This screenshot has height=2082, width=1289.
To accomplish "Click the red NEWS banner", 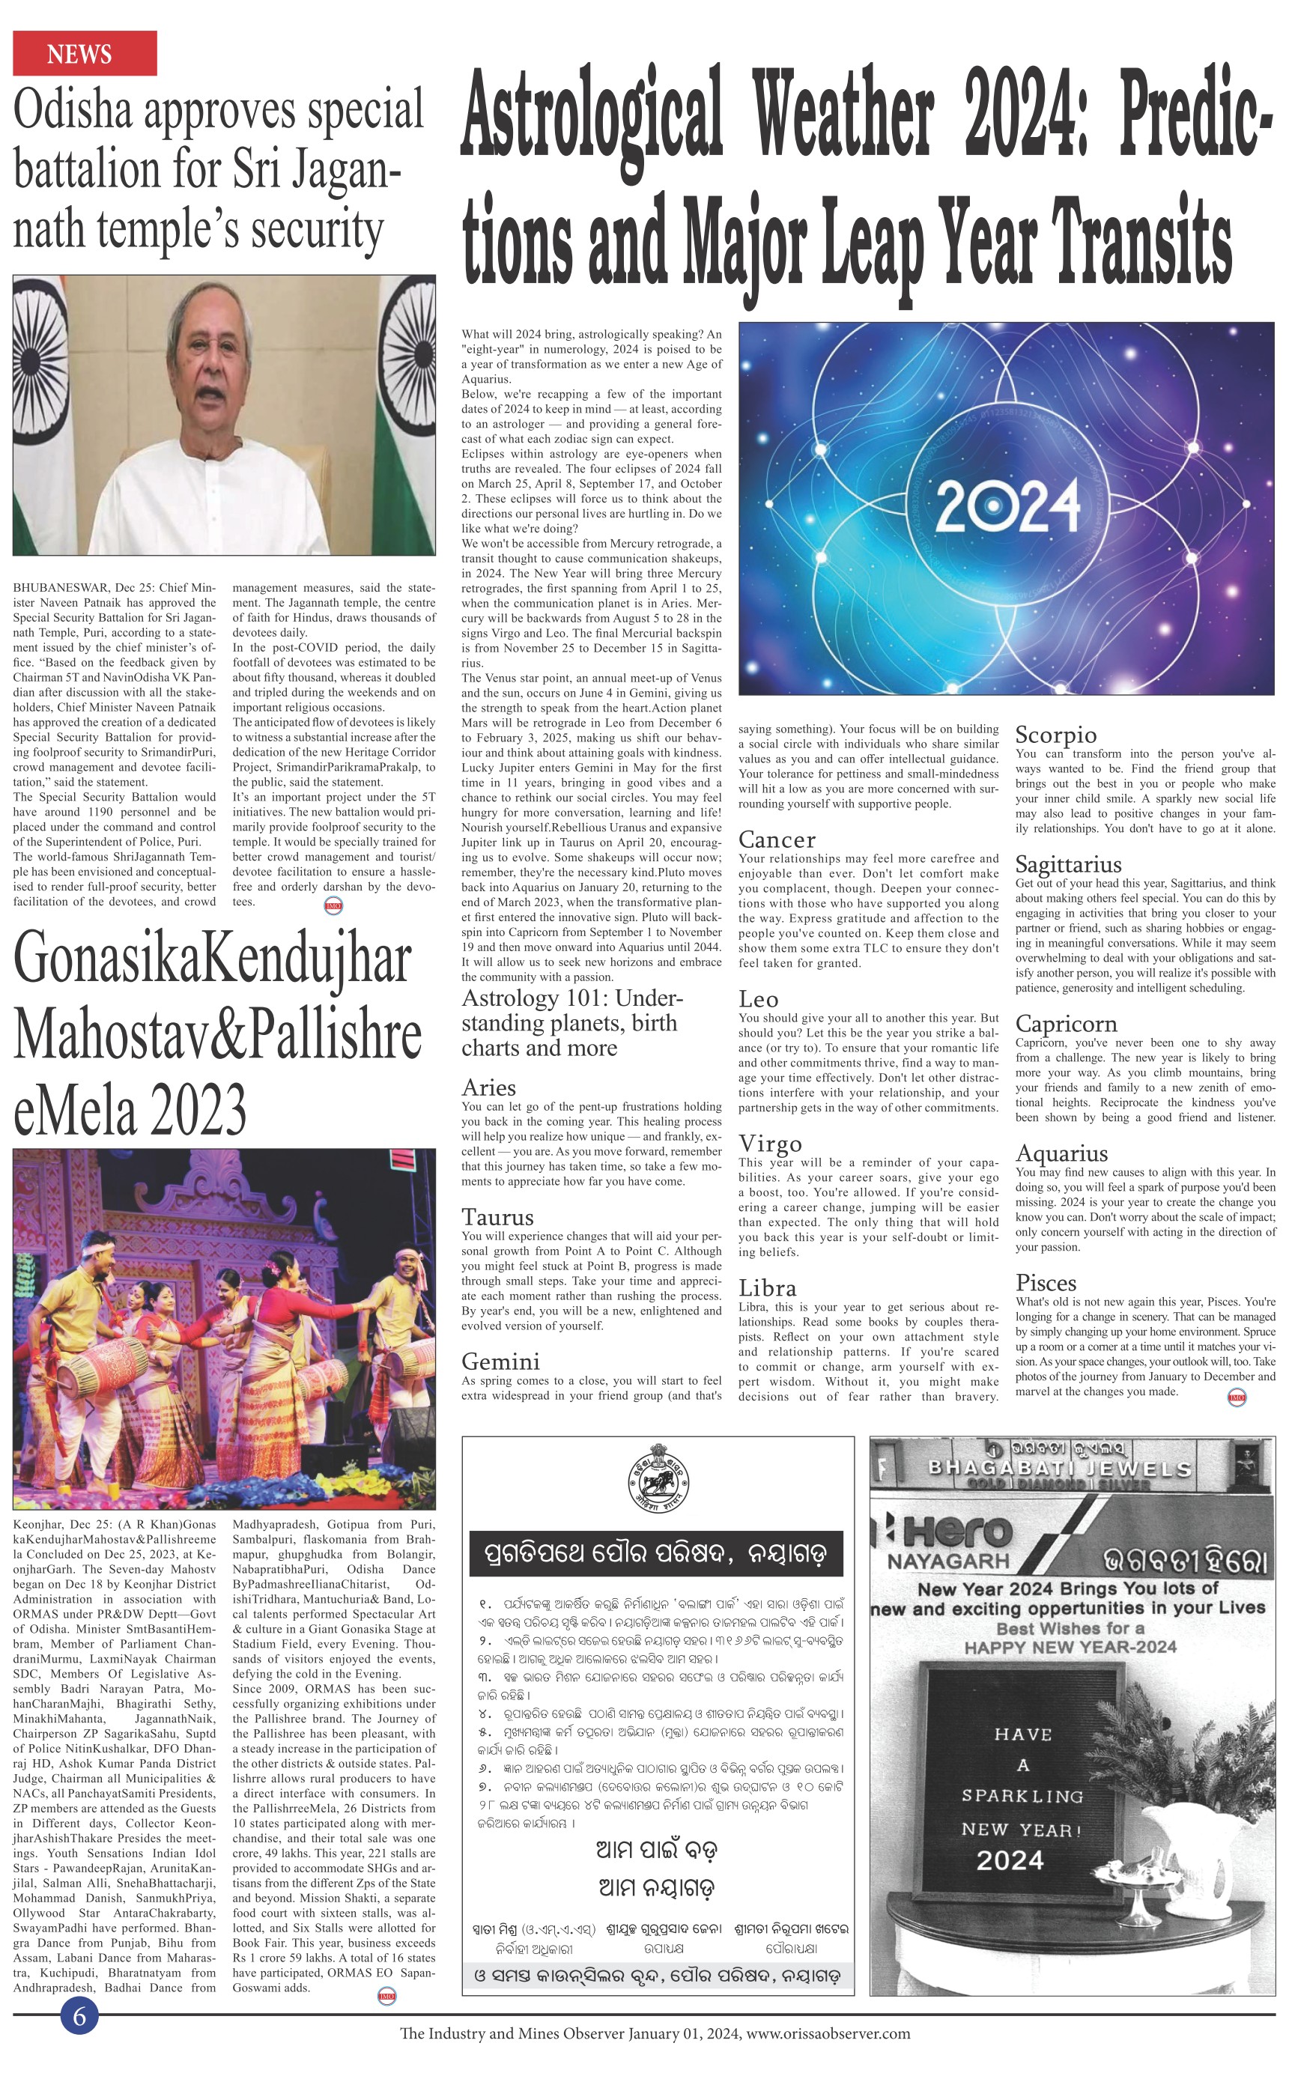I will tap(85, 54).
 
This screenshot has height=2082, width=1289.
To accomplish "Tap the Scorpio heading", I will tap(1055, 735).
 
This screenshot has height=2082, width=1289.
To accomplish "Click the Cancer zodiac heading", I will tap(777, 840).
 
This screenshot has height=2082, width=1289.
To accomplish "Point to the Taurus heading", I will tap(498, 1217).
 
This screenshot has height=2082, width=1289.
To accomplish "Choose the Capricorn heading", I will tap(1066, 1024).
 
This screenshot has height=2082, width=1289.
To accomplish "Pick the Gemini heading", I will tap(500, 1361).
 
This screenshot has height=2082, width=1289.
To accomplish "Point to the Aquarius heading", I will tap(1061, 1153).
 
